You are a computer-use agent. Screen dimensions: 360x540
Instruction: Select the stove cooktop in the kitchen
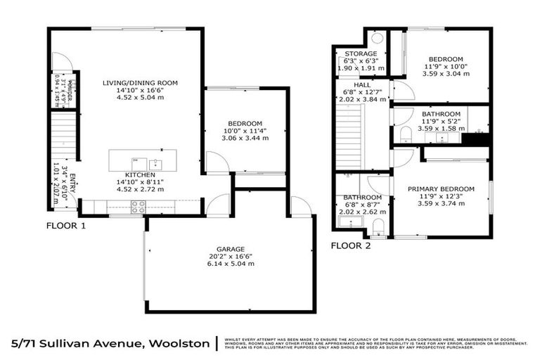coord(138,206)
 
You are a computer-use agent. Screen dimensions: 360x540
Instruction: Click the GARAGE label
coord(230,249)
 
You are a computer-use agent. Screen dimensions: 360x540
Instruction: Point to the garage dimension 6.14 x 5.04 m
coord(230,264)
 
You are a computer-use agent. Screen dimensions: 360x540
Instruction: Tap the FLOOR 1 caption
coord(66,226)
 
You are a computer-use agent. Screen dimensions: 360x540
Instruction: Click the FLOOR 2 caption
coord(352,245)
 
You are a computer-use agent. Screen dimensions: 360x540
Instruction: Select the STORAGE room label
coord(361,54)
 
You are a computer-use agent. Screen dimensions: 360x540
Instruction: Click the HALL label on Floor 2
coord(361,84)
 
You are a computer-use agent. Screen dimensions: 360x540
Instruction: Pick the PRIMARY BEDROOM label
coord(442,189)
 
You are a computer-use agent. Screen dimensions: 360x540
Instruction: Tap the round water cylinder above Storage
coord(376,38)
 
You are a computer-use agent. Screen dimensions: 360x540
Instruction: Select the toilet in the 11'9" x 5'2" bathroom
coord(406,133)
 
